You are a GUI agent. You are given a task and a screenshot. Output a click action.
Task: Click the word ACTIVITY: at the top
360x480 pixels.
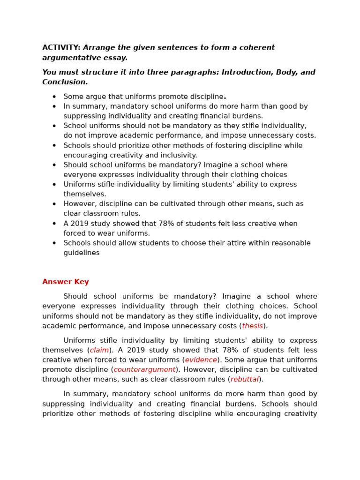click(61, 48)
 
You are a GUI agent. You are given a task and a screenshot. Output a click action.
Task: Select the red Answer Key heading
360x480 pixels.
click(66, 282)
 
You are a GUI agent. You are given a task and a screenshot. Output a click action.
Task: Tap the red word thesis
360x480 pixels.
click(252, 326)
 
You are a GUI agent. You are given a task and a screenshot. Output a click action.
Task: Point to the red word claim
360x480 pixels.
click(99, 350)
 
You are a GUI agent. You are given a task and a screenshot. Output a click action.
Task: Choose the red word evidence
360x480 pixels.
click(201, 360)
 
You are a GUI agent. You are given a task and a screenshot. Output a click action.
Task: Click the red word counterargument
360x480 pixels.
click(144, 369)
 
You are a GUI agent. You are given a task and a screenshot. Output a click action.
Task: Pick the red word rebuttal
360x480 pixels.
click(244, 379)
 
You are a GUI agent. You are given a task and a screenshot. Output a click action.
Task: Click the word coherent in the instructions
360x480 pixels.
click(258, 48)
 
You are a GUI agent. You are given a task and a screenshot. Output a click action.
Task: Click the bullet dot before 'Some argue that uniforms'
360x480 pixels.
click(54, 97)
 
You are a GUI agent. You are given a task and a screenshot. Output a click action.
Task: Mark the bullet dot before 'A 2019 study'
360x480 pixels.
click(54, 224)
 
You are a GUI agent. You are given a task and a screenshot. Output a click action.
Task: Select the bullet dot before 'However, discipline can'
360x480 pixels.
click(54, 204)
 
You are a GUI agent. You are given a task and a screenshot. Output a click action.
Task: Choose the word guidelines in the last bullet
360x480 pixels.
click(82, 253)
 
